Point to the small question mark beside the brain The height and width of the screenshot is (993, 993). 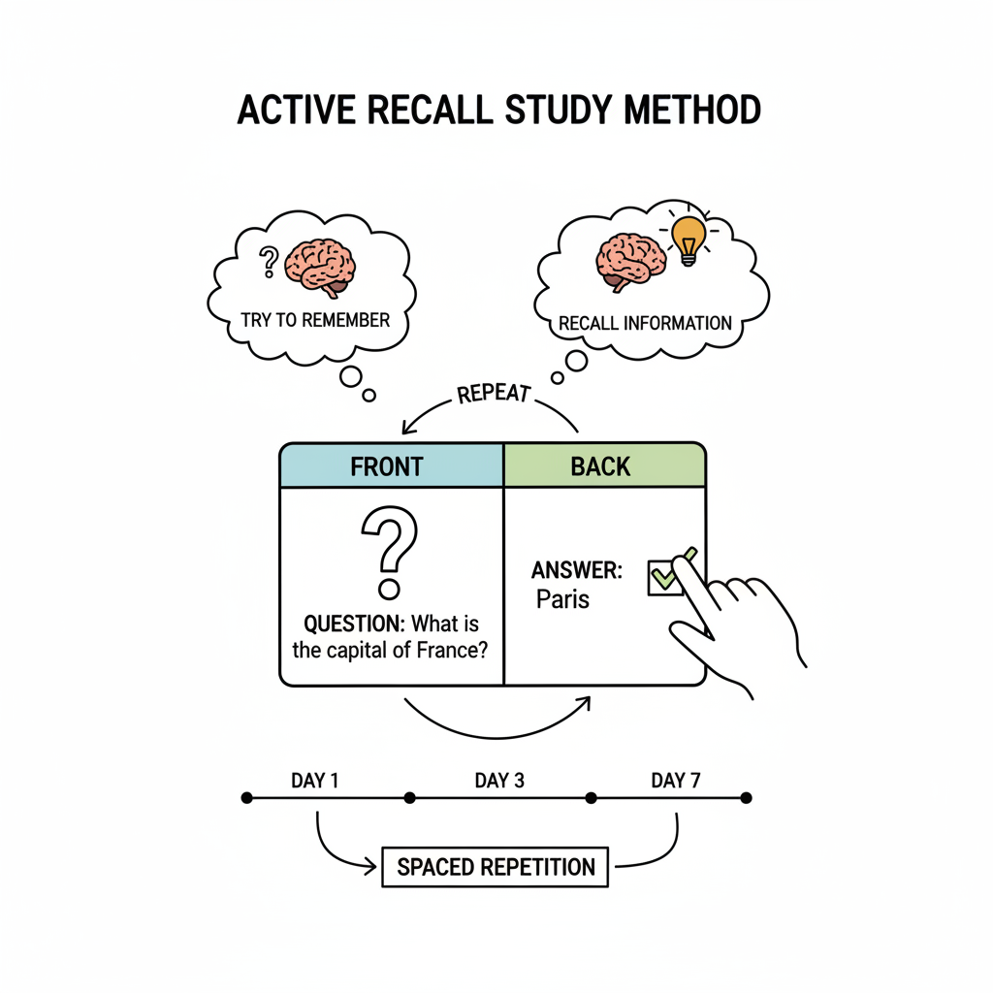click(x=269, y=260)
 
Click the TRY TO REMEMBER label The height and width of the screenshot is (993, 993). click(x=314, y=320)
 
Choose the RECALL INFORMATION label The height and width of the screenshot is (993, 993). click(x=645, y=323)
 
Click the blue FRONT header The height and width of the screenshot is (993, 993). click(x=387, y=466)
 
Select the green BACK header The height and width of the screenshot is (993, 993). click(x=600, y=466)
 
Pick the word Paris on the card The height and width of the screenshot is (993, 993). click(x=562, y=598)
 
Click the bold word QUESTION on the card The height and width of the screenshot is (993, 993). click(x=353, y=624)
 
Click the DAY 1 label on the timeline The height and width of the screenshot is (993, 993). click(x=314, y=781)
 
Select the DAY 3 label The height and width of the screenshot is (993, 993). click(x=499, y=781)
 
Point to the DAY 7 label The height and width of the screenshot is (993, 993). click(x=675, y=781)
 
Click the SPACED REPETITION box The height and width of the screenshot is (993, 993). click(x=495, y=866)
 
